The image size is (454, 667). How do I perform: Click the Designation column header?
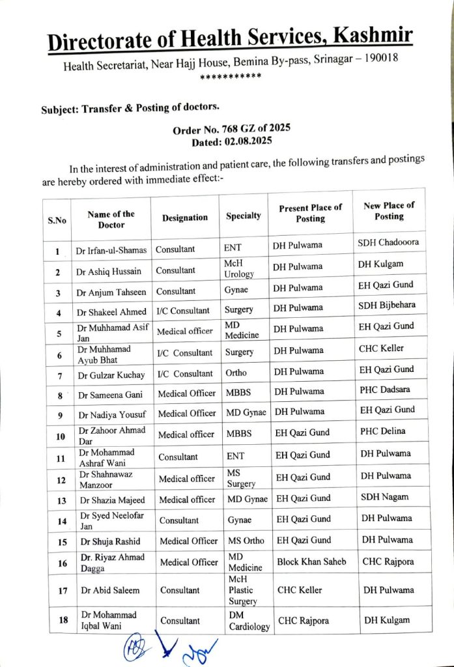(185, 218)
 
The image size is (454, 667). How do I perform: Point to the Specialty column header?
(244, 216)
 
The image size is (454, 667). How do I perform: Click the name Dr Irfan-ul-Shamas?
(111, 250)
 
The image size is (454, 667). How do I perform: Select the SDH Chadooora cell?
(388, 242)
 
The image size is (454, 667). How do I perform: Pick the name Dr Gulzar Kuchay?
(111, 375)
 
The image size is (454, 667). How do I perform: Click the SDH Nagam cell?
(385, 496)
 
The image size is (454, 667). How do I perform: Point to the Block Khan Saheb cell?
(311, 561)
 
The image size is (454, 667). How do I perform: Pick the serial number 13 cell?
(60, 500)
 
